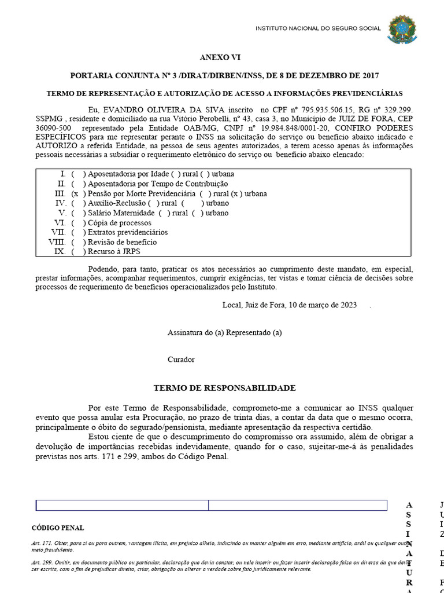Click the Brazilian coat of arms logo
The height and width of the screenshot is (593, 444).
pos(401,30)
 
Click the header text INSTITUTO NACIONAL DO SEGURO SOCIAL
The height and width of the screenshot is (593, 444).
pos(318,28)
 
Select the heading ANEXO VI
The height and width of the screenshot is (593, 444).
pos(220,58)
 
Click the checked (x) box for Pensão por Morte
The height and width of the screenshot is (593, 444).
pos(75,193)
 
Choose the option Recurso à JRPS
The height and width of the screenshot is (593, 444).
pos(114,252)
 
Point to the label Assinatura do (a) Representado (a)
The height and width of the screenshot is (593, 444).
pos(224,333)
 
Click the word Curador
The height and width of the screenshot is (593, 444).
pos(181,360)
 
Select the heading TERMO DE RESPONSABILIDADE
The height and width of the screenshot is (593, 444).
pos(224,388)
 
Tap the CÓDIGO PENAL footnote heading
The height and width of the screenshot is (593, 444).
pos(57,528)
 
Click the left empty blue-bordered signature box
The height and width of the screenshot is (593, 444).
pos(122,506)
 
